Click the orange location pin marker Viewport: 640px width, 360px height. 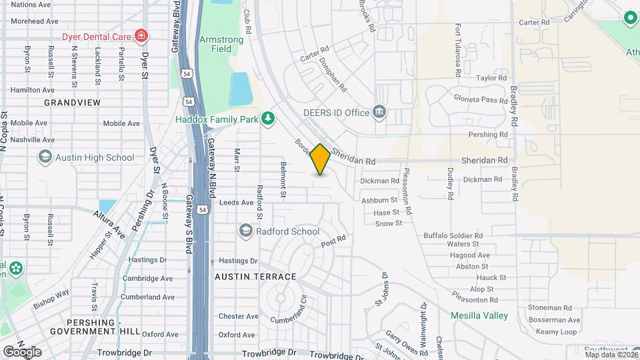pyautogui.click(x=321, y=159)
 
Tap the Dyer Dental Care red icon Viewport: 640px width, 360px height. pyautogui.click(x=141, y=35)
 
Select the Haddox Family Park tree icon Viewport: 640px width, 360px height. pyautogui.click(x=267, y=119)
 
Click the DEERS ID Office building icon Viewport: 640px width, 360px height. pyautogui.click(x=379, y=111)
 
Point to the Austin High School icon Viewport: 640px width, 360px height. pyautogui.click(x=45, y=157)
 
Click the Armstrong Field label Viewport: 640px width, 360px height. pyautogui.click(x=221, y=45)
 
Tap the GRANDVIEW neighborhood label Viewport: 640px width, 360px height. pyautogui.click(x=72, y=103)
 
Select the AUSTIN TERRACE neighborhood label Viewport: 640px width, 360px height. pyautogui.click(x=255, y=276)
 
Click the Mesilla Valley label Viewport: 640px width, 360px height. pyautogui.click(x=479, y=315)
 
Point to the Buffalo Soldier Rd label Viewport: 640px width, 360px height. pyautogui.click(x=453, y=235)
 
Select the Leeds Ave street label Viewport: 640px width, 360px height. pyautogui.click(x=236, y=202)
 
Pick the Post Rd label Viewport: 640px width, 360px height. pyautogui.click(x=333, y=239)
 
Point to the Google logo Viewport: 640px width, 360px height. pyautogui.click(x=22, y=351)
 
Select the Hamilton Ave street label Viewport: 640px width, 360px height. pyautogui.click(x=32, y=89)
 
